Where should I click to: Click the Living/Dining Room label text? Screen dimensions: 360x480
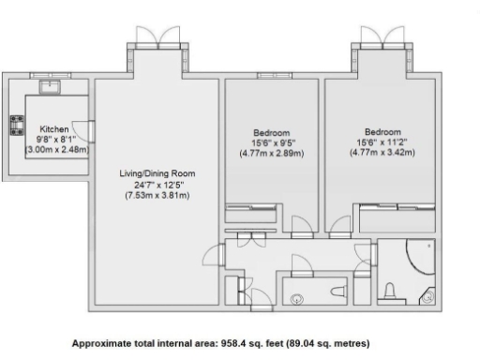click(157, 173)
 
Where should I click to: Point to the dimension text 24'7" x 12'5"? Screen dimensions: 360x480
click(157, 184)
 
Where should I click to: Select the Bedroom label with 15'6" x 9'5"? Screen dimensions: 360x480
click(272, 132)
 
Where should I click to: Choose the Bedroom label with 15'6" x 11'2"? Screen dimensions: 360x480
click(382, 132)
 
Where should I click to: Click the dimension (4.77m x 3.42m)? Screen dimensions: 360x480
click(382, 153)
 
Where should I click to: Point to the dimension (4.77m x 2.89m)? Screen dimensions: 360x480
click(272, 153)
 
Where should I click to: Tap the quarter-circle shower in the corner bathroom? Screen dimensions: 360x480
click(419, 255)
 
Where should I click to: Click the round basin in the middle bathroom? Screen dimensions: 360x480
click(297, 299)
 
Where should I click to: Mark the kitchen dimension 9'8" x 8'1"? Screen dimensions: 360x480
click(53, 138)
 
